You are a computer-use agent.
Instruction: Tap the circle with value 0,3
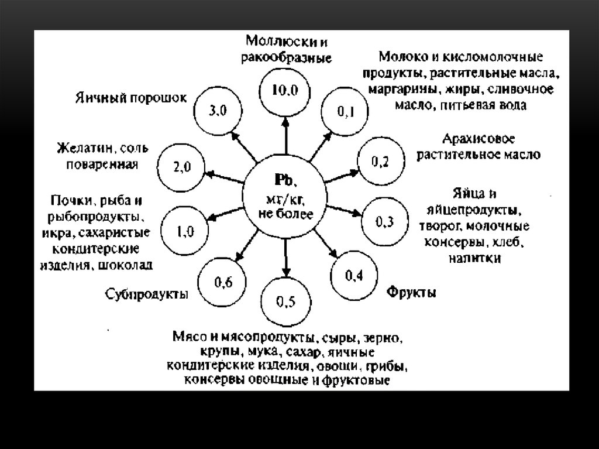pos(384,221)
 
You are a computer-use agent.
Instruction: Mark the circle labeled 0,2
pos(380,162)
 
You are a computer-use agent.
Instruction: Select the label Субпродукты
pos(147,293)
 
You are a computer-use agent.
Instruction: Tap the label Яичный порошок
pos(131,98)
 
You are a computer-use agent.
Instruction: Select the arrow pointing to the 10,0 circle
pos(285,133)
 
